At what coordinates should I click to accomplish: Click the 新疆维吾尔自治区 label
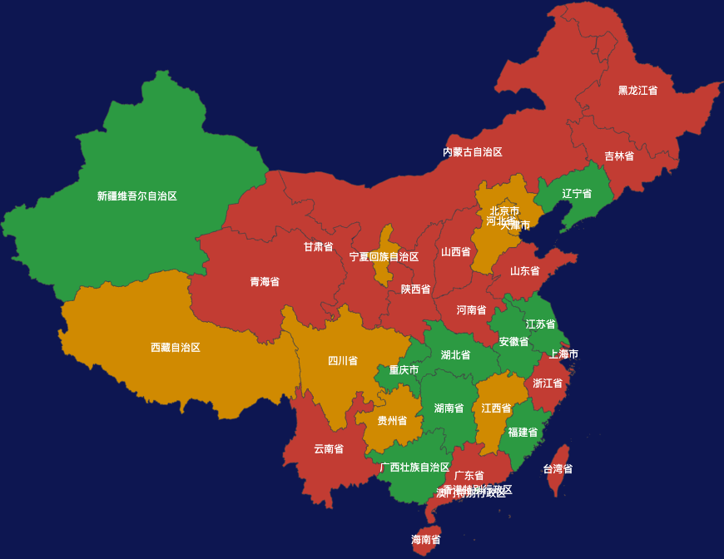[x=137, y=196]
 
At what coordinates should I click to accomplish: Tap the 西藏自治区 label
[x=176, y=348]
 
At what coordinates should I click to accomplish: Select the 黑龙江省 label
[x=637, y=91]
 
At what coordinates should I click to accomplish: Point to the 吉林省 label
[x=619, y=156]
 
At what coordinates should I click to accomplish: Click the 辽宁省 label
[x=577, y=194]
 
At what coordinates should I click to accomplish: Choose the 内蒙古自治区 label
[x=473, y=152]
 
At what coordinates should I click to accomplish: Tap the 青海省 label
[x=265, y=282]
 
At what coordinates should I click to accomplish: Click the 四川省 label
[x=343, y=361]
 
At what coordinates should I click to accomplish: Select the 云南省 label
[x=329, y=449]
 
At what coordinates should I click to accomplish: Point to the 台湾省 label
[x=558, y=469]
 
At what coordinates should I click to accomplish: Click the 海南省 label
[x=425, y=540]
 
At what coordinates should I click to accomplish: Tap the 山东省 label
[x=524, y=271]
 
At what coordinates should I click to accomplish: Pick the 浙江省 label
[x=548, y=383]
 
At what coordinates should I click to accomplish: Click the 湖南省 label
[x=449, y=408]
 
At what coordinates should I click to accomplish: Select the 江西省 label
[x=496, y=408]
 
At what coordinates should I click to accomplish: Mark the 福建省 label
[x=523, y=433]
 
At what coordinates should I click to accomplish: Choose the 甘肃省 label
[x=318, y=247]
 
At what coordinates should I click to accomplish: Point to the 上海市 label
[x=563, y=354]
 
